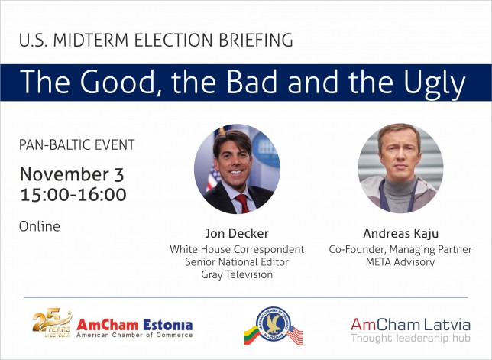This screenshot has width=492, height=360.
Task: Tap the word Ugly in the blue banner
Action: [x=434, y=83]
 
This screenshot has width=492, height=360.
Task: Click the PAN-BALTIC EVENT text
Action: [x=77, y=145]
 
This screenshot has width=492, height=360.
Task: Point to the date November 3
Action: [x=72, y=174]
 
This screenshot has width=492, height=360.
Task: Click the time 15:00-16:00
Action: [x=73, y=195]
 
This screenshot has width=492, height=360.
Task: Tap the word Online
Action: [x=40, y=226]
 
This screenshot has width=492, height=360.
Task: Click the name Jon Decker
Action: [x=237, y=234]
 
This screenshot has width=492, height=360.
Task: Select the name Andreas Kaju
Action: [x=400, y=234]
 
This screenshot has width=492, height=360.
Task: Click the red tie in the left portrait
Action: [x=242, y=203]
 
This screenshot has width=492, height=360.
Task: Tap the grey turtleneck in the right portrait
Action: [x=399, y=195]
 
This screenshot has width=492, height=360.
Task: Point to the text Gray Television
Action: [x=237, y=274]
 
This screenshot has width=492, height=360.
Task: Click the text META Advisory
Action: [x=400, y=262]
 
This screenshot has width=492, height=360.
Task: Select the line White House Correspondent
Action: [x=237, y=249]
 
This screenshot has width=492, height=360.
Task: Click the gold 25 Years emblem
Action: [x=52, y=323]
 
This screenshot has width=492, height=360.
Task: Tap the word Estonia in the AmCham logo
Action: [x=168, y=325]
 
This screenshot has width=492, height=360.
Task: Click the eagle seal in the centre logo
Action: [x=273, y=324]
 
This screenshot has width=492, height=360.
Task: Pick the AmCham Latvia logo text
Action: [x=410, y=325]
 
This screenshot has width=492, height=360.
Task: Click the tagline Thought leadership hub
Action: [x=410, y=338]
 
